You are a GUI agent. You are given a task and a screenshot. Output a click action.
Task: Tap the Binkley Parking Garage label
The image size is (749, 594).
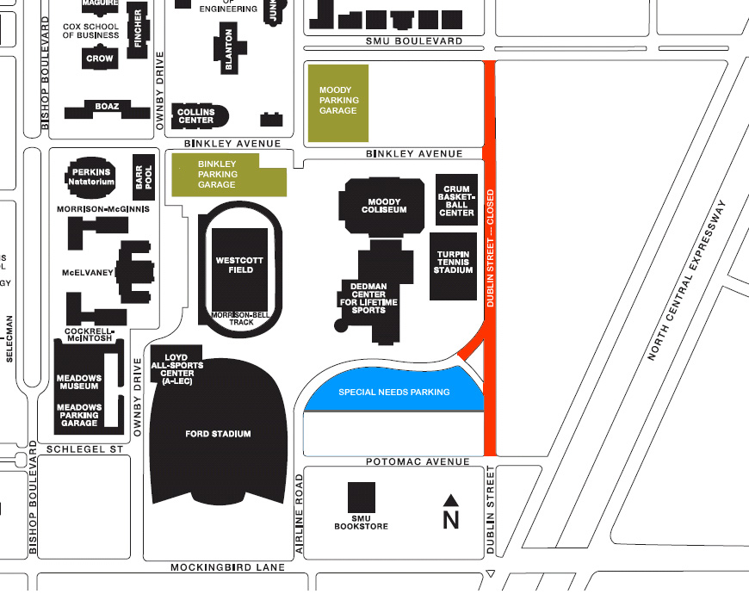217,174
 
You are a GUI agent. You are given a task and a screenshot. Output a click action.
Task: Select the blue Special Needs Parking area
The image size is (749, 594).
393,392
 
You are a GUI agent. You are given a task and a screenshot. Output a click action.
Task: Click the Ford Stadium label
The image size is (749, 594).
218,434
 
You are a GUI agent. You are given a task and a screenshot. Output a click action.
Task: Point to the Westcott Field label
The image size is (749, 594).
240,264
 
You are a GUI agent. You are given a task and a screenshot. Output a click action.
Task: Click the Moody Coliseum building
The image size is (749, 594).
384,206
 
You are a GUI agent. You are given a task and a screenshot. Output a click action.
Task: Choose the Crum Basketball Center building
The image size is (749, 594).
456,201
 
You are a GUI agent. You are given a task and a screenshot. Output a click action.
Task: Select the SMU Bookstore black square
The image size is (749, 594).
362,497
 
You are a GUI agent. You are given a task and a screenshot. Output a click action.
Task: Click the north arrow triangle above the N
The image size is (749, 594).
450,499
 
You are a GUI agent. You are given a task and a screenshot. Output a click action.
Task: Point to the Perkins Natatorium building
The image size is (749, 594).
91,176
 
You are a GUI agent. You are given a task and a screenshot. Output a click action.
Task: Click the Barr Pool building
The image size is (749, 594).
143,176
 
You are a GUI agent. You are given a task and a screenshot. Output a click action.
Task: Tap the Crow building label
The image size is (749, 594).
99,59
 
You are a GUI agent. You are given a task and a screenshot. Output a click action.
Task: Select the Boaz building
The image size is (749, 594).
107,107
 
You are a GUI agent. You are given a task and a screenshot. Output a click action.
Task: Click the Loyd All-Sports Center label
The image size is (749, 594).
176,366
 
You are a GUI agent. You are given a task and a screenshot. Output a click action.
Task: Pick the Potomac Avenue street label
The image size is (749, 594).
418,462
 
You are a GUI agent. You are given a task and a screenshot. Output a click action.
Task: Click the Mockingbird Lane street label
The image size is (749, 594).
227,568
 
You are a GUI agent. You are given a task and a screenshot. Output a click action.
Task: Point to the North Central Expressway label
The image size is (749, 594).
687,281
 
